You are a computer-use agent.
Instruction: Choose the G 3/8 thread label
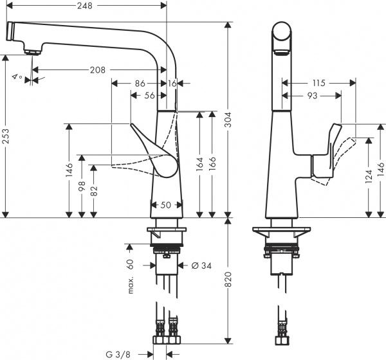coord(121,353)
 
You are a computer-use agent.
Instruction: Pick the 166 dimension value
coord(212,163)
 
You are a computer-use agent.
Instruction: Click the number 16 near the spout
coord(172,83)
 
